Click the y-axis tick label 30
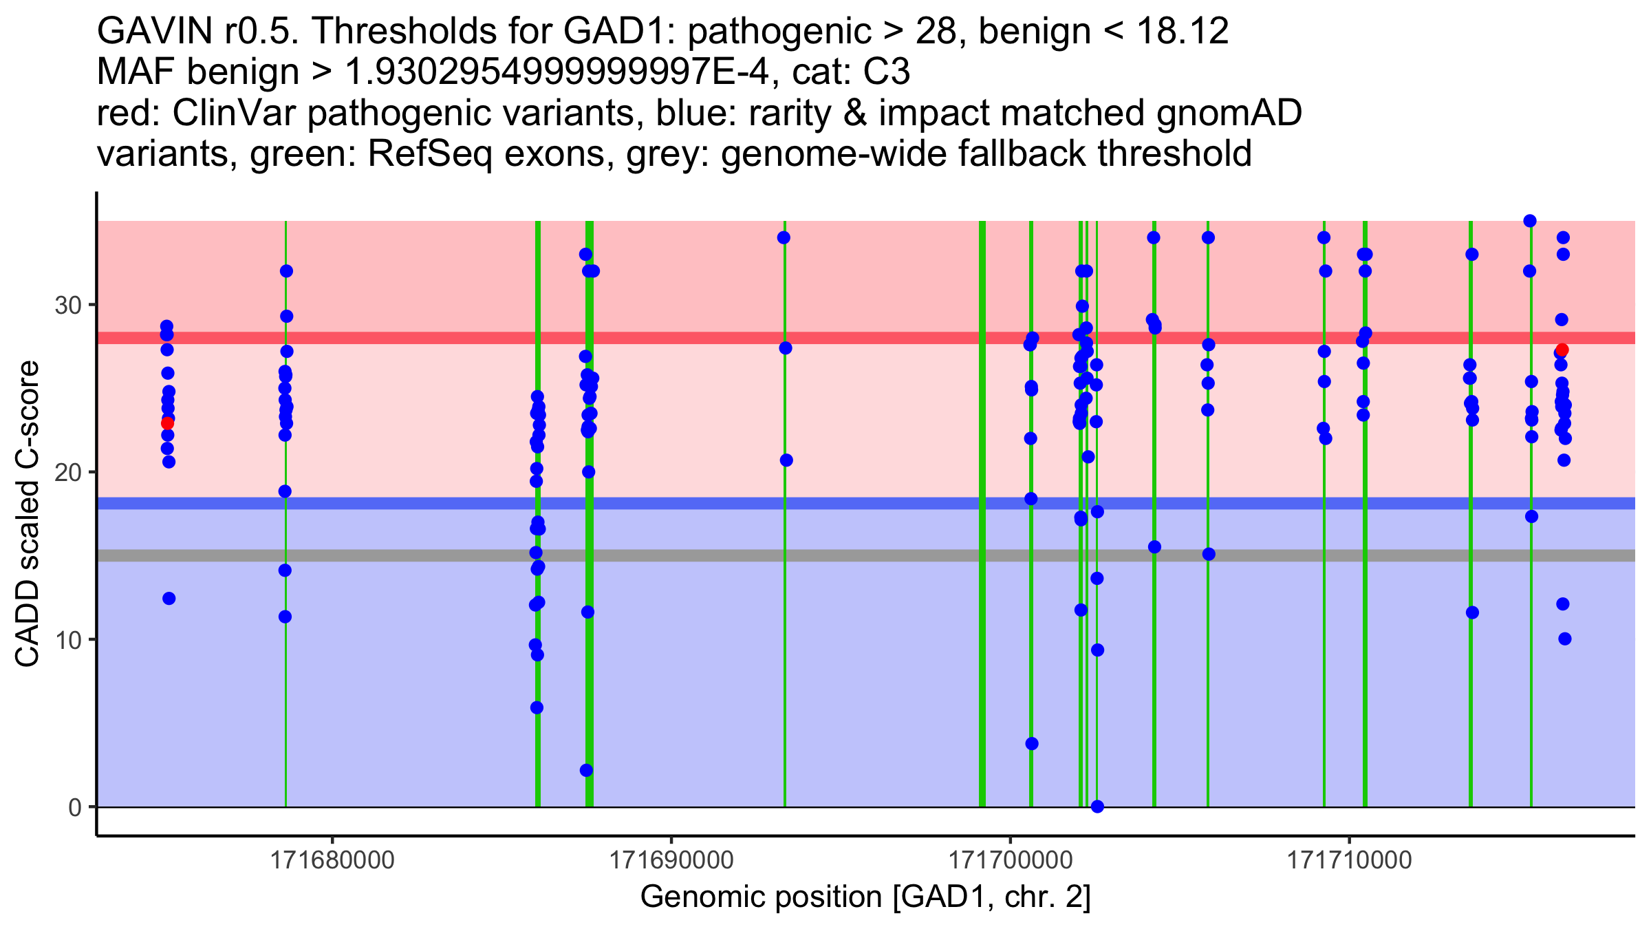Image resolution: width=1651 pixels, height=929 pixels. pyautogui.click(x=67, y=305)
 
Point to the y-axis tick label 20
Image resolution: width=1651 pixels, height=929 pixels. pyautogui.click(x=67, y=473)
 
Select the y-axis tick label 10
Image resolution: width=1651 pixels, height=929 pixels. pyautogui.click(x=67, y=640)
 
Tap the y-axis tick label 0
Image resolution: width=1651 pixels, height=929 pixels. pyautogui.click(x=75, y=807)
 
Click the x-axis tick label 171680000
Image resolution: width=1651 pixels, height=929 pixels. pyautogui.click(x=333, y=860)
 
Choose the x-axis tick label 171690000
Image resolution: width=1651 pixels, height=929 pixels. pyautogui.click(x=671, y=860)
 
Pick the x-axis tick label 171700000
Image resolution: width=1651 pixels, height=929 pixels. pyautogui.click(x=1011, y=860)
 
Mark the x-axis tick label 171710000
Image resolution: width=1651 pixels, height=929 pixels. pyautogui.click(x=1349, y=860)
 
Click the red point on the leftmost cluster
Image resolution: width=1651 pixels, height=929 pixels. pyautogui.click(x=167, y=423)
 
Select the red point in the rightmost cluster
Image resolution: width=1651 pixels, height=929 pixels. pyautogui.click(x=1562, y=350)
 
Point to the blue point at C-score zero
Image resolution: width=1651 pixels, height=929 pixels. pyautogui.click(x=1097, y=807)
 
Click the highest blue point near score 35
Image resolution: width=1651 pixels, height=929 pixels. pyautogui.click(x=1530, y=221)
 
